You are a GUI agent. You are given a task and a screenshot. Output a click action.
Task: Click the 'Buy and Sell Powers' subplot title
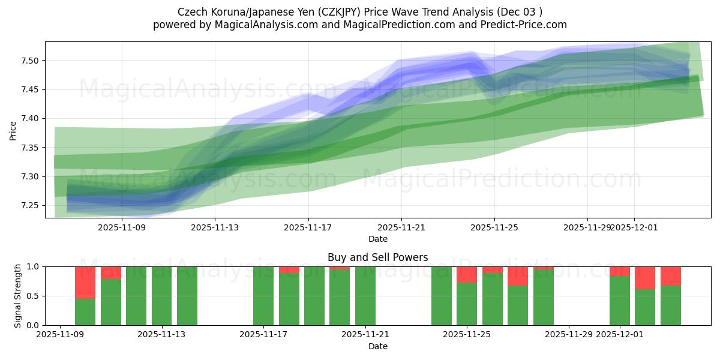click(x=377, y=257)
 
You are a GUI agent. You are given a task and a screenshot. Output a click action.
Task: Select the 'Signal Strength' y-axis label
click(x=18, y=296)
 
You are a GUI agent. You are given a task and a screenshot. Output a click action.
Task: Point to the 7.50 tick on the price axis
click(x=31, y=61)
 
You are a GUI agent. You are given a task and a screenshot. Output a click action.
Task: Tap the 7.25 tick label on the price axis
click(x=31, y=206)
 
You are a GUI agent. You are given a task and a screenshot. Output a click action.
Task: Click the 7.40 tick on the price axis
click(x=31, y=119)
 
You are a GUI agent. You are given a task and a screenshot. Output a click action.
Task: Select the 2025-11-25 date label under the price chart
click(x=494, y=227)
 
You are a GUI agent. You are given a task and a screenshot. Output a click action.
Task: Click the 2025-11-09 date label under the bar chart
click(x=60, y=334)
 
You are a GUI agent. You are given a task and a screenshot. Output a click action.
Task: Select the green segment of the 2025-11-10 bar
click(x=85, y=312)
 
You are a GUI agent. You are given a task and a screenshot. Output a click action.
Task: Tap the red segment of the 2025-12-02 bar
click(x=645, y=278)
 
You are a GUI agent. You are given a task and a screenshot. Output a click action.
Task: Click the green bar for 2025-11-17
click(x=263, y=296)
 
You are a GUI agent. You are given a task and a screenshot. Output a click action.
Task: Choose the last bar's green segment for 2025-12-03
click(x=671, y=305)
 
